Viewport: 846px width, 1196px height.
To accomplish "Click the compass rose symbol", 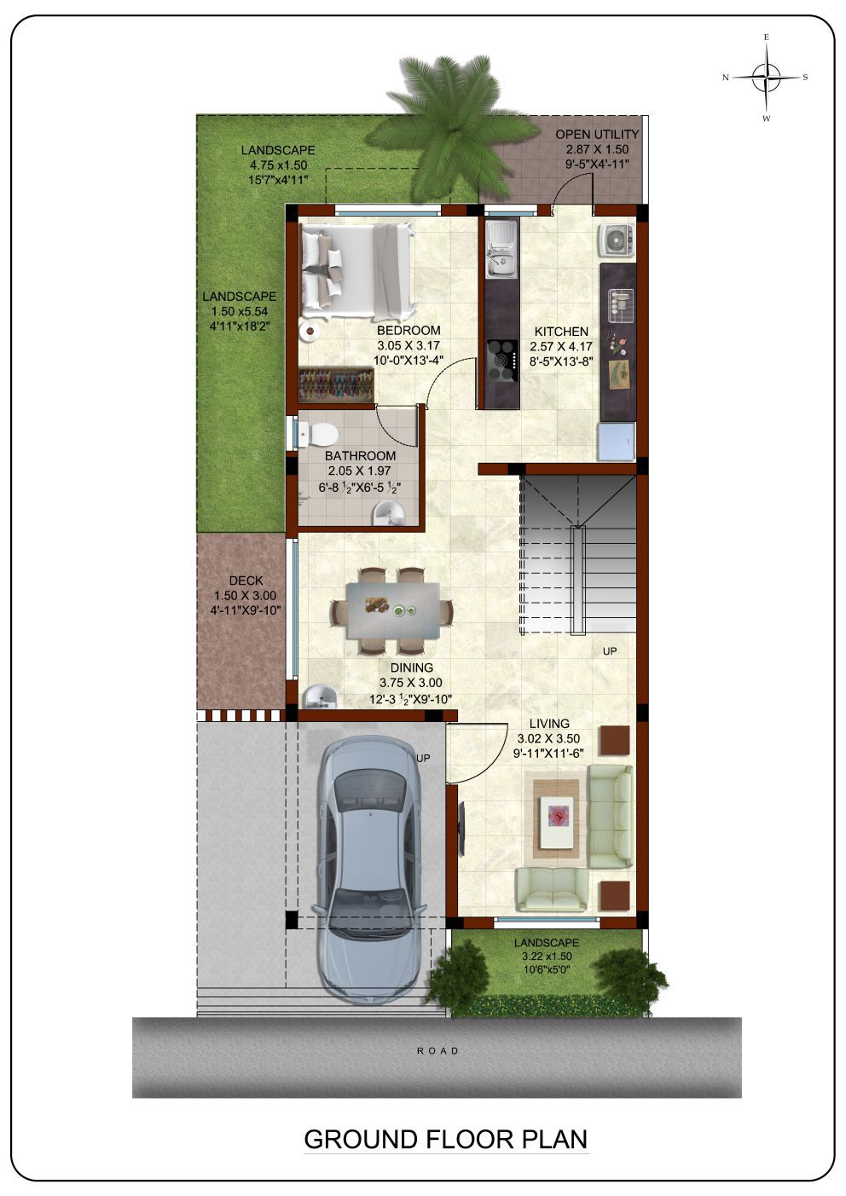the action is click(x=767, y=78).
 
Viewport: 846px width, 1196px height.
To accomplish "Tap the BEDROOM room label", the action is click(x=409, y=331).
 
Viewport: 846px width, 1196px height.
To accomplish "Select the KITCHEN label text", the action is click(x=561, y=332).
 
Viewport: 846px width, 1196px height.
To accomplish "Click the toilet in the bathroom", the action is click(x=318, y=434).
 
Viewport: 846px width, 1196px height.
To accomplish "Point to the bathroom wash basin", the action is click(x=389, y=514).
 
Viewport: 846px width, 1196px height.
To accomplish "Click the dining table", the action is click(x=393, y=610).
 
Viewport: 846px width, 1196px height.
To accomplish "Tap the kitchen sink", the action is click(x=501, y=250).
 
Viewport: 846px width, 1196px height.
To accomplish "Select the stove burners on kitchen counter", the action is click(x=502, y=361).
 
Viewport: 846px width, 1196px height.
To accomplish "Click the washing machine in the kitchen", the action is click(x=617, y=240).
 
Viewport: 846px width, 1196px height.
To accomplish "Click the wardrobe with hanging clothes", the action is click(x=336, y=384).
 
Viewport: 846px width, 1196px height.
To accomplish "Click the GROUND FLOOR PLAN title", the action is click(x=445, y=1139).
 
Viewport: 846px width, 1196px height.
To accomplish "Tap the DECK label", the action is click(x=246, y=581).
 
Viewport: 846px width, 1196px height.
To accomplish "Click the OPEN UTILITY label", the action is click(x=597, y=134).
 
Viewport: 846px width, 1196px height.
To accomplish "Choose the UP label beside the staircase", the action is click(x=610, y=651).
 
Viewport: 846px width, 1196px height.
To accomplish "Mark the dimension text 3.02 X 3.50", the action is click(x=548, y=738).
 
